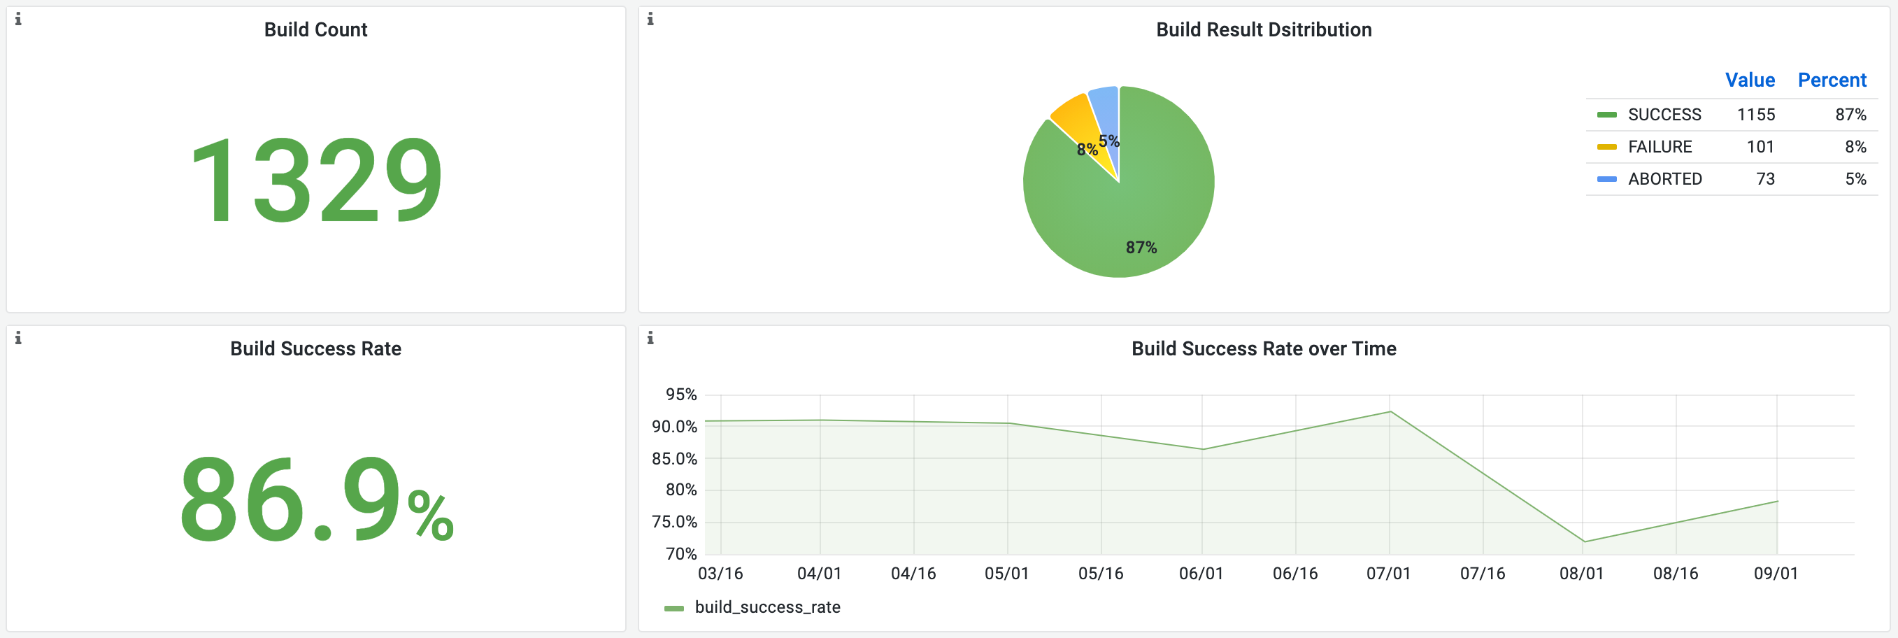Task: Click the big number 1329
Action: (316, 180)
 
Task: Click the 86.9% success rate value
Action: (316, 499)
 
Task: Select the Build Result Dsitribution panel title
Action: (1263, 29)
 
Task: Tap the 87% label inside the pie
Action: (1141, 248)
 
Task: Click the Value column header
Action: (1749, 80)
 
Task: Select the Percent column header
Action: (1831, 80)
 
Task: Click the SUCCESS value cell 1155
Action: (1755, 115)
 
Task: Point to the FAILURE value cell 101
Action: (1760, 147)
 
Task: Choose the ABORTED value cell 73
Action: (1764, 179)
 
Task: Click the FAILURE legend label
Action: (1660, 147)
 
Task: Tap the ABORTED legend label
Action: (1664, 179)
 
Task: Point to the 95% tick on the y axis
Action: (681, 394)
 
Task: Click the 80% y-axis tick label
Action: (681, 489)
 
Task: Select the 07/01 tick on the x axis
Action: (1388, 573)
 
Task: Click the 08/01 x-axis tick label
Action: (1581, 573)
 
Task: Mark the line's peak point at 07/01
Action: (1390, 411)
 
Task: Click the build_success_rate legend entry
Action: (766, 607)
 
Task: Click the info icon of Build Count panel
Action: (18, 19)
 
